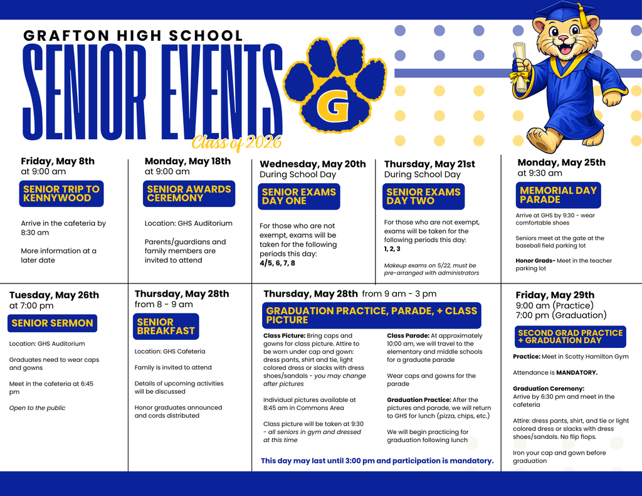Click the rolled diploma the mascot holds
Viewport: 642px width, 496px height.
pos(520,66)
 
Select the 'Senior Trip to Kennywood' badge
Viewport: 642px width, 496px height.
pos(61,194)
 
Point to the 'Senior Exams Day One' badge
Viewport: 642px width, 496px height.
pos(299,196)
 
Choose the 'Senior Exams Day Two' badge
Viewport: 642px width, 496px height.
pos(423,196)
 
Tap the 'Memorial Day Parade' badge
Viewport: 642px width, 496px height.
pos(558,195)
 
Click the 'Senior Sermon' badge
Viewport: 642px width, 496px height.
pos(52,324)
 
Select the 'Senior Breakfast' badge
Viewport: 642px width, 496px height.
pos(166,326)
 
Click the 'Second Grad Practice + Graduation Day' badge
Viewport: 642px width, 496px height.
pos(570,337)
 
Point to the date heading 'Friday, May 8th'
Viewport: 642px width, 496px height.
pos(58,161)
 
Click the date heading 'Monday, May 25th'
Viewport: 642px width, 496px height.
pos(561,162)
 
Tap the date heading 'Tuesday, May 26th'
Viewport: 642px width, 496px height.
pos(54,295)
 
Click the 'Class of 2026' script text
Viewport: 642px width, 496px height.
pos(236,143)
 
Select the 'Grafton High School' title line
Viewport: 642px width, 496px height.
pos(133,36)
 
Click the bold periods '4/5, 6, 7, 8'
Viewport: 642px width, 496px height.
pos(277,263)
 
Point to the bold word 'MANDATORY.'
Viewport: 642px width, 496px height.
pos(577,372)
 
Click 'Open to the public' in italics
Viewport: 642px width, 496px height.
pos(37,408)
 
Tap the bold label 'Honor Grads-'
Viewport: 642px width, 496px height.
pos(535,261)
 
